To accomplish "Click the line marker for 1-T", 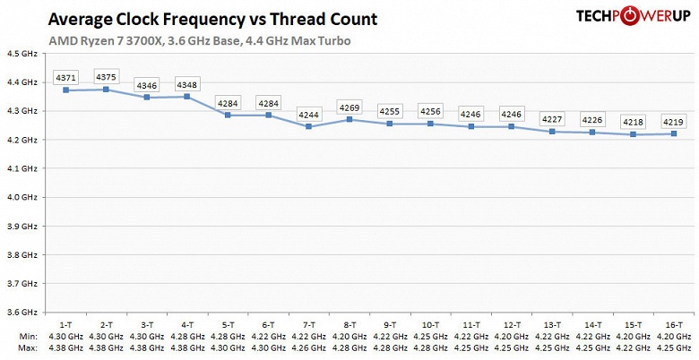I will point(66,90).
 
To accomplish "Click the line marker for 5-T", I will point(229,115).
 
